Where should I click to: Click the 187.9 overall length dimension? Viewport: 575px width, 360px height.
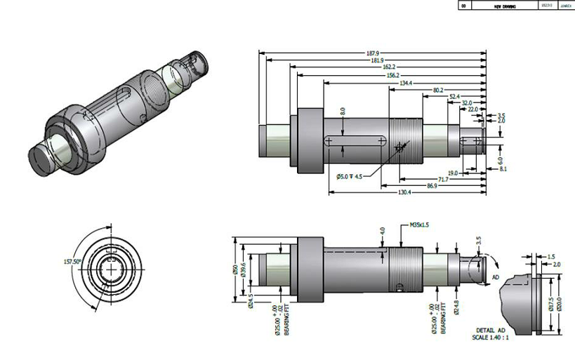pos(372,53)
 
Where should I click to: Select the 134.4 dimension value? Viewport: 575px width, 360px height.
pos(405,83)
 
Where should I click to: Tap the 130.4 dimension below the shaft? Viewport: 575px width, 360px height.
pos(404,192)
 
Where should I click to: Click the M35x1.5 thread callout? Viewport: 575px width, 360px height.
pos(420,226)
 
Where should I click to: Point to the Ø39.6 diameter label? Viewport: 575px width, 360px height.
pos(243,269)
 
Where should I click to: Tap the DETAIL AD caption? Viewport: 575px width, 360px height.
pos(491,330)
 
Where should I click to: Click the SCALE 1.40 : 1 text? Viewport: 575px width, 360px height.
pos(491,337)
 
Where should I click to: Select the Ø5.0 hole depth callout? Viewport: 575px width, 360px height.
pos(350,175)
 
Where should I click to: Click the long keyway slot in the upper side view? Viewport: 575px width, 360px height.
pos(355,141)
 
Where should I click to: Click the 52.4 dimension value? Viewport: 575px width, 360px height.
pos(454,96)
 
